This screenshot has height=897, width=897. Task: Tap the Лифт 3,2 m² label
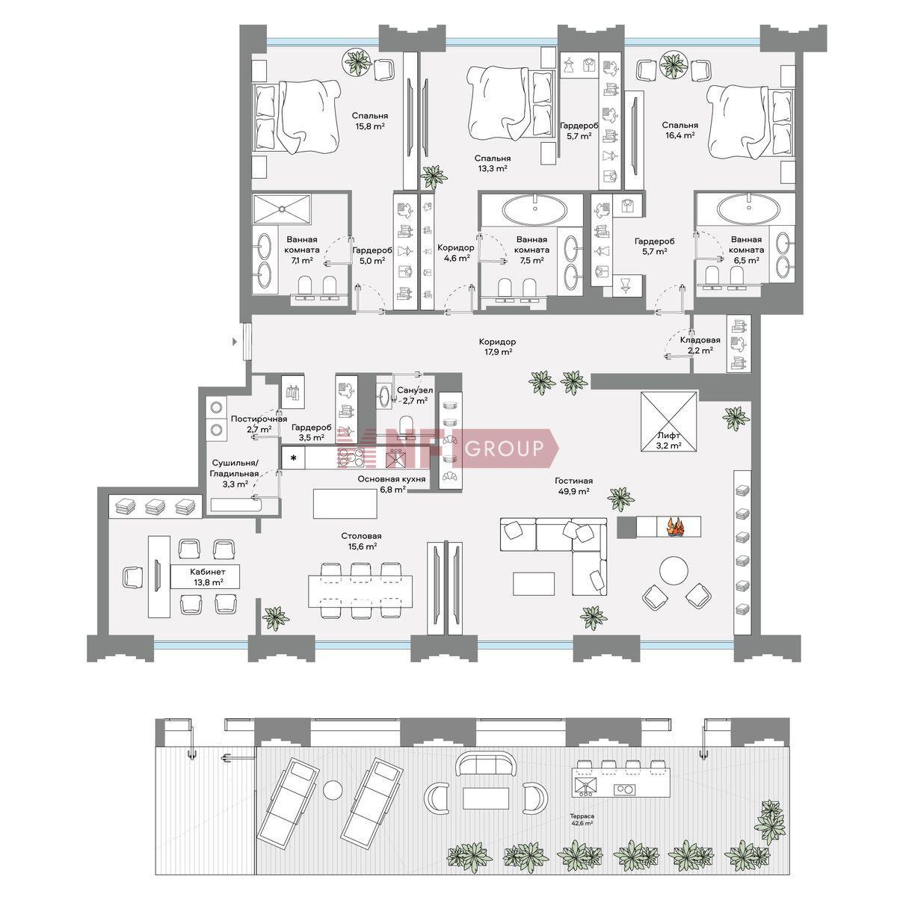click(669, 440)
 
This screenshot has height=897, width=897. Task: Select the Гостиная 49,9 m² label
click(573, 486)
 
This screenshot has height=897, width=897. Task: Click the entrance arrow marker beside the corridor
click(235, 342)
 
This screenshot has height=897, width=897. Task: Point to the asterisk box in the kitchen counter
click(294, 458)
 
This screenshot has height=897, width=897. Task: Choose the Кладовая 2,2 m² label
click(700, 345)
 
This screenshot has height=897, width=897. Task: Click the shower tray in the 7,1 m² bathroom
click(282, 209)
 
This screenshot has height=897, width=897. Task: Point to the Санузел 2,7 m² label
click(415, 395)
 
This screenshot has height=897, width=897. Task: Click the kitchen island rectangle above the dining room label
click(345, 503)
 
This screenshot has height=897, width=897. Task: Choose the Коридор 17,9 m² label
click(497, 347)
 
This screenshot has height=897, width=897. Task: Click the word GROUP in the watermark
click(504, 449)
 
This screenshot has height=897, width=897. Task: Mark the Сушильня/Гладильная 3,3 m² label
click(235, 473)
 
